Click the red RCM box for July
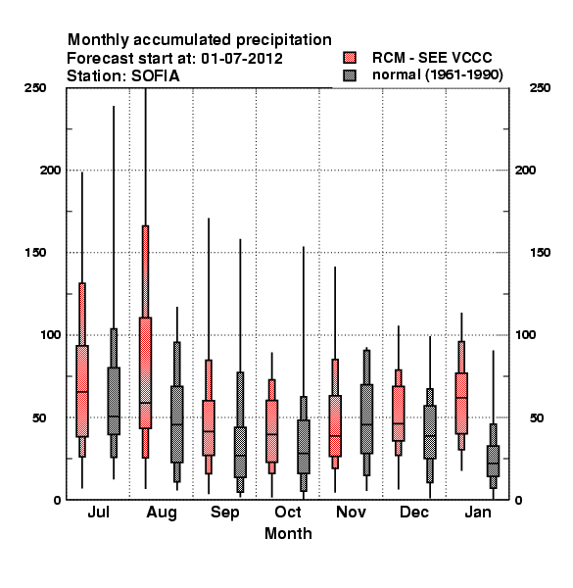82,391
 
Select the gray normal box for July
114,401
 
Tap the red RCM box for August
145,372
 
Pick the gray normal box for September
240,452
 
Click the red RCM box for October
271,431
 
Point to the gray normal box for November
366,418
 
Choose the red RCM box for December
399,414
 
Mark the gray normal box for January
494,461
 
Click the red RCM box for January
461,403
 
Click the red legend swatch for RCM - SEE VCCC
350,58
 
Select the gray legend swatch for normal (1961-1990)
350,75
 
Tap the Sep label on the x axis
224,513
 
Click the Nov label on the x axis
351,512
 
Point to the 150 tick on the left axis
35,253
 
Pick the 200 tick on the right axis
525,170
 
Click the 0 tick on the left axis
57,500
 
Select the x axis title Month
288,533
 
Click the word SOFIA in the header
156,76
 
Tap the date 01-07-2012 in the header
242,59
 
